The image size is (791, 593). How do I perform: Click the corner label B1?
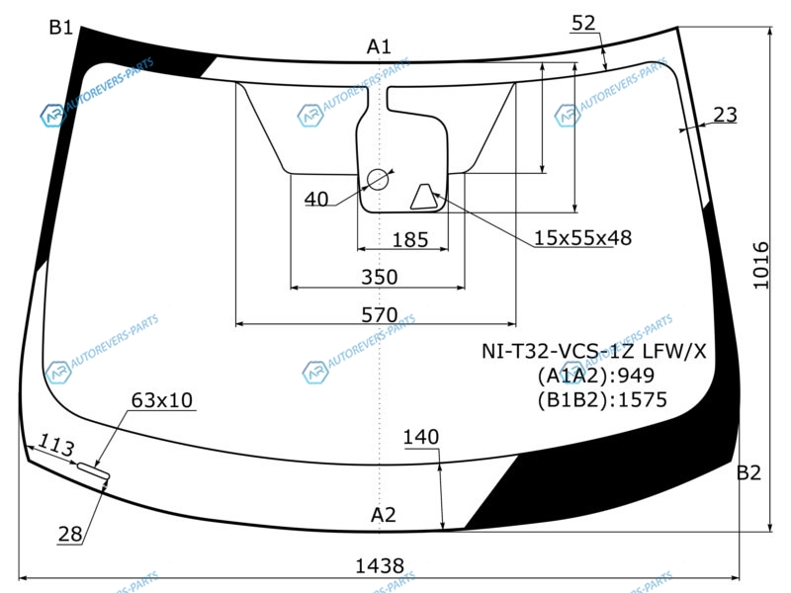[x=61, y=28]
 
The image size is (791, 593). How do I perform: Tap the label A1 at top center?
[x=379, y=46]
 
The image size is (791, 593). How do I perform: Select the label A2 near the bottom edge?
[x=383, y=515]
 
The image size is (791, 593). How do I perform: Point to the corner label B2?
[x=748, y=473]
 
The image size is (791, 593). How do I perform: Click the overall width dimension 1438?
[x=380, y=566]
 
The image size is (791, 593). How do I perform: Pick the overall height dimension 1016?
[x=761, y=265]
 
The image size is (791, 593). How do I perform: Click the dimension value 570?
[x=380, y=315]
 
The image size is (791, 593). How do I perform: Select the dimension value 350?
[x=380, y=277]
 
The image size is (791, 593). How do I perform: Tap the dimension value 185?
[x=410, y=239]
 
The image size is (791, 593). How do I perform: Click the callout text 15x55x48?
[x=582, y=237]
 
